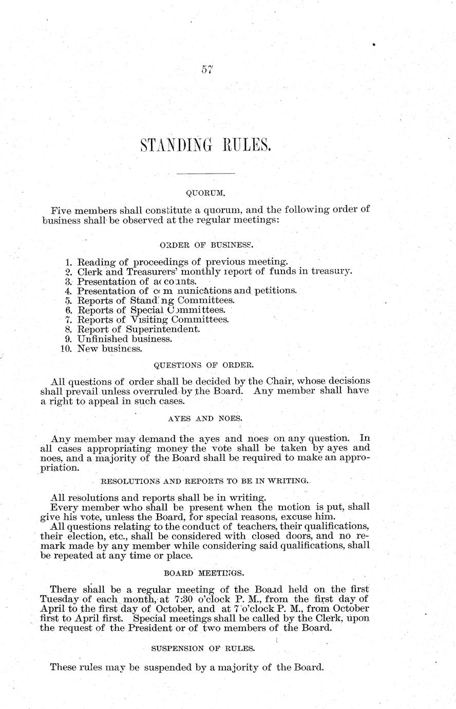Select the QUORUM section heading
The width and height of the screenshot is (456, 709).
[x=205, y=193]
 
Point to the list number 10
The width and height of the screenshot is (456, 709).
[x=67, y=348]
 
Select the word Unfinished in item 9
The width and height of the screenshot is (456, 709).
[x=101, y=339]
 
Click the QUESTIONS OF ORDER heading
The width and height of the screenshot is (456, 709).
[x=203, y=365]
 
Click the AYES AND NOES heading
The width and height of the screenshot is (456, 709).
[x=204, y=419]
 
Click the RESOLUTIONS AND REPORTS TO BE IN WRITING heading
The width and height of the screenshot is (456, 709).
[x=203, y=481]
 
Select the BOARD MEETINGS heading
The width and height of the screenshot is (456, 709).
[x=204, y=572]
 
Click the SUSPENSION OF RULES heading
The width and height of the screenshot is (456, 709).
[x=203, y=648]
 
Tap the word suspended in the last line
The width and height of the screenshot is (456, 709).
[x=169, y=668]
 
